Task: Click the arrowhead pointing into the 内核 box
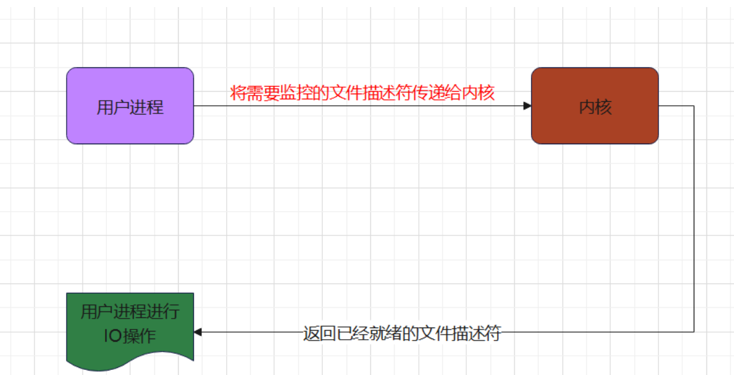(527, 106)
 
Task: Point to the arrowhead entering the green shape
(198, 332)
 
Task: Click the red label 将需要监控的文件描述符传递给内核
(363, 93)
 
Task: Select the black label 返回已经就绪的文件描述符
(402, 333)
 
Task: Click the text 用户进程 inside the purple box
(130, 107)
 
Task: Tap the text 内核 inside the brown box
(595, 107)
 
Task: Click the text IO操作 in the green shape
(130, 335)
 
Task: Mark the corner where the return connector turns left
(694, 332)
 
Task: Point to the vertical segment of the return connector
(694, 218)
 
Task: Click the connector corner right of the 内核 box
(694, 106)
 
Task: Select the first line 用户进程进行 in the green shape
(130, 312)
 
